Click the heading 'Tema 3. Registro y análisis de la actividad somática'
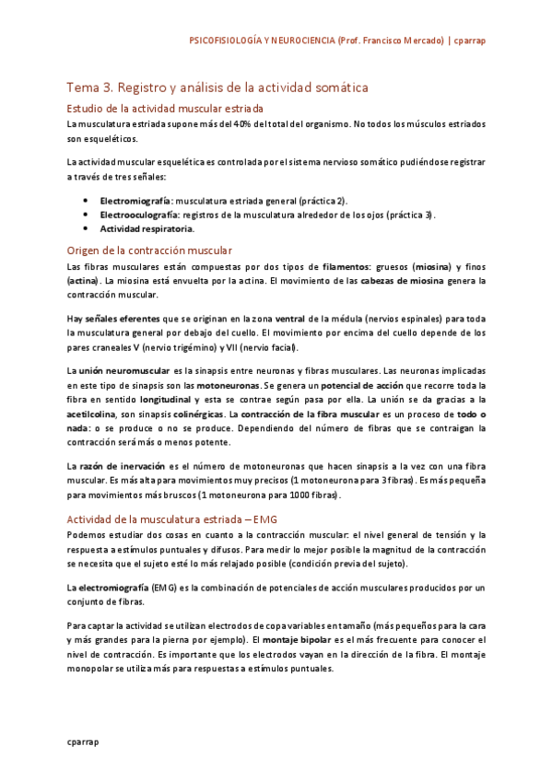point(217,87)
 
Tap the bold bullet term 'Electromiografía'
point(135,200)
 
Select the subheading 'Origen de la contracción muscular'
point(149,251)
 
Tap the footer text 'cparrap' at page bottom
point(82,740)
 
